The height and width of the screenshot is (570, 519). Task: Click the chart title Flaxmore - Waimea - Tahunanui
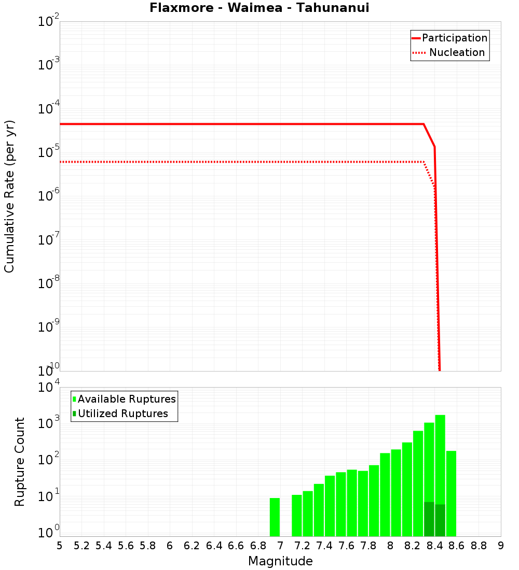click(259, 8)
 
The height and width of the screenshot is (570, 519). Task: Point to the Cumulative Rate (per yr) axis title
click(9, 196)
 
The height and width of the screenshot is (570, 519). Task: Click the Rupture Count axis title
click(20, 461)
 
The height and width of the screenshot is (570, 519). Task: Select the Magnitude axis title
click(280, 561)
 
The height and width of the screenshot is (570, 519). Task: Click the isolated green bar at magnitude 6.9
click(275, 517)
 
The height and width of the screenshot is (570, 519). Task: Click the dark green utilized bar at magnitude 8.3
click(429, 519)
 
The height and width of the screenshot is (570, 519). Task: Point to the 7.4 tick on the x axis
click(324, 546)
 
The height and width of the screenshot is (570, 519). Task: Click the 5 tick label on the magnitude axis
click(59, 546)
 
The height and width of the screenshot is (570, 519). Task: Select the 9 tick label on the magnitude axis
click(501, 546)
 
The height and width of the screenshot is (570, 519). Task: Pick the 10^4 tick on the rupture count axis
click(49, 388)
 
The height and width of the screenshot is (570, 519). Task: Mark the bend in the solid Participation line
click(424, 124)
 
